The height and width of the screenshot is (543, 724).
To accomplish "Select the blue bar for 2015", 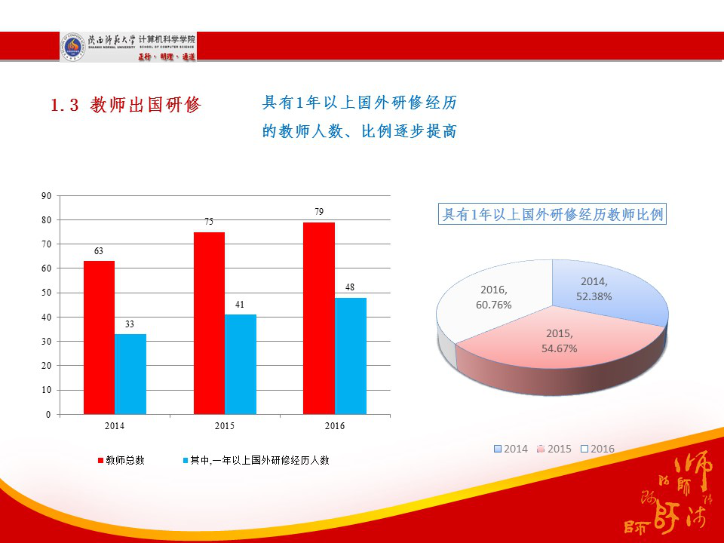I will pyautogui.click(x=241, y=364).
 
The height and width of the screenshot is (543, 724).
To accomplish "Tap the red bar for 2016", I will pyautogui.click(x=318, y=318).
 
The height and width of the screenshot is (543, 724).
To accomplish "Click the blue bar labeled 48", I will pyautogui.click(x=350, y=355).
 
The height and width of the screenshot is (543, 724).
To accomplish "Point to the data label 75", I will pyautogui.click(x=209, y=222).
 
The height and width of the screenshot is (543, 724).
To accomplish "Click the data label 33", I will pyautogui.click(x=130, y=324).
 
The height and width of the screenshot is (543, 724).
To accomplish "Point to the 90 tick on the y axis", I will pyautogui.click(x=46, y=196).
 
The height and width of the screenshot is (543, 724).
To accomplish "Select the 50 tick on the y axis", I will pyautogui.click(x=46, y=293).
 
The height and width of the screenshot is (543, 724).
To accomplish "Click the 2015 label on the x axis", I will pyautogui.click(x=224, y=426).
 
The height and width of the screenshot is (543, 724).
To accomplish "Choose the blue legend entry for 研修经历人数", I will pyautogui.click(x=256, y=459).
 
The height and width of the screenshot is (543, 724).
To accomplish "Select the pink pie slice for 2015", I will pyautogui.click(x=559, y=343).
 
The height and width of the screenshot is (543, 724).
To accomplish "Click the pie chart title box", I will pyautogui.click(x=552, y=215).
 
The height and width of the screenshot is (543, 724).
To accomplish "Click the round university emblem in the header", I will pyautogui.click(x=73, y=47).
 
